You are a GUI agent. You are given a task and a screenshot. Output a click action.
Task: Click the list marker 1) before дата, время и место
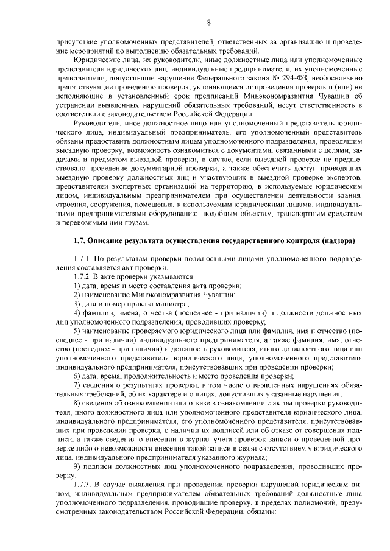76,286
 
